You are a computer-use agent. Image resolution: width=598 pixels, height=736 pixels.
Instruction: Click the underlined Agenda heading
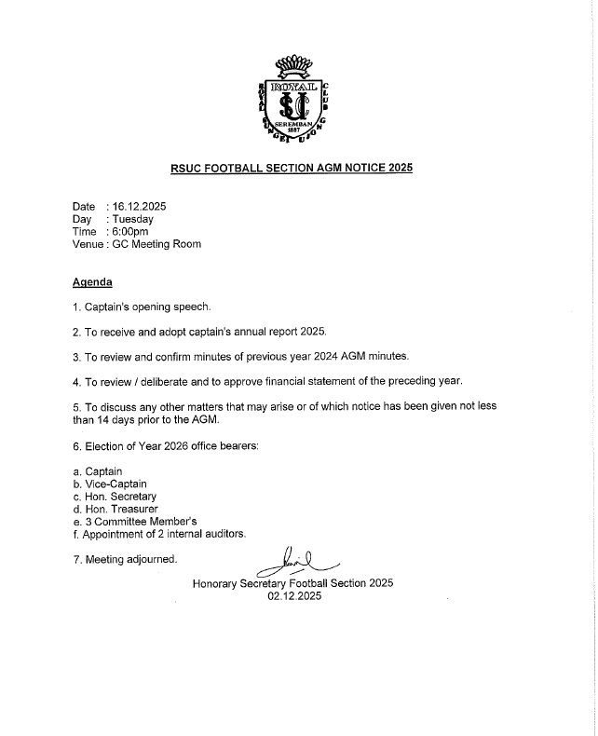(92, 281)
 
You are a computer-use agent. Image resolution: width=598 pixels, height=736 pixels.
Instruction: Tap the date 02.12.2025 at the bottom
(293, 597)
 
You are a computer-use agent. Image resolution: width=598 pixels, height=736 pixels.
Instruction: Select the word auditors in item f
(223, 534)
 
